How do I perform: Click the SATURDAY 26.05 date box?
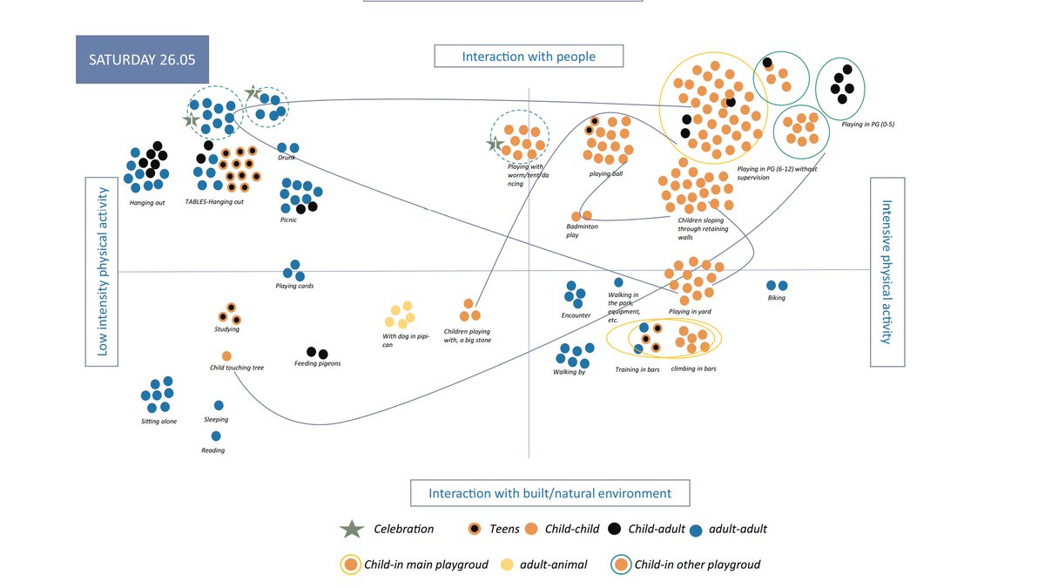click(142, 59)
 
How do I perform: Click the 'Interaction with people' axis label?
click(529, 57)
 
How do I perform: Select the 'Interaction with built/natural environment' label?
click(549, 493)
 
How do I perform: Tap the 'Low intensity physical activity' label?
click(102, 272)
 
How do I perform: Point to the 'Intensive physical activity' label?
click(887, 272)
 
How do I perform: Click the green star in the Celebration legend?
click(351, 529)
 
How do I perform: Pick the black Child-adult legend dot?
click(614, 529)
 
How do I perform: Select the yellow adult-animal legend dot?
click(506, 564)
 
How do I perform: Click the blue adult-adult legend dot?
click(695, 530)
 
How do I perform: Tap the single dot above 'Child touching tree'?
click(226, 356)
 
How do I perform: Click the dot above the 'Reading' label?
click(216, 436)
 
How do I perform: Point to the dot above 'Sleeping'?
click(219, 405)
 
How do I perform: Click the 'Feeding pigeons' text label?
click(317, 363)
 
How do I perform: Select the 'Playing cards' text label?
click(294, 286)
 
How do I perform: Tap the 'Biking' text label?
click(776, 298)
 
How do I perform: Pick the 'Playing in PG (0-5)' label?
click(868, 125)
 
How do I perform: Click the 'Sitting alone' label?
click(158, 422)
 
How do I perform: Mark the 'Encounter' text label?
click(576, 315)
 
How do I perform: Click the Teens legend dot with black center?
click(475, 529)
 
